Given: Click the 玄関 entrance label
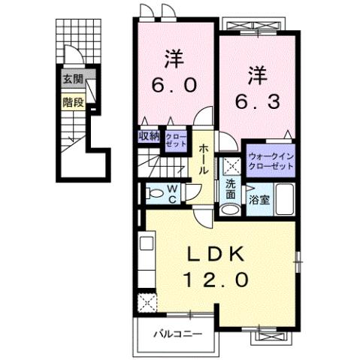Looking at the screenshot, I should coord(72,79).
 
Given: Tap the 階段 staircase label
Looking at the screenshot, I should coord(72,98).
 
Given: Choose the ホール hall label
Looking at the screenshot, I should coord(204,159).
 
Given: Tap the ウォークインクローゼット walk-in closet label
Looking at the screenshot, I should coord(268,161).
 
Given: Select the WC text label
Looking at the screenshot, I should coord(172,194).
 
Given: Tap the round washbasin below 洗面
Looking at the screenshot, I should coord(231,210).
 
